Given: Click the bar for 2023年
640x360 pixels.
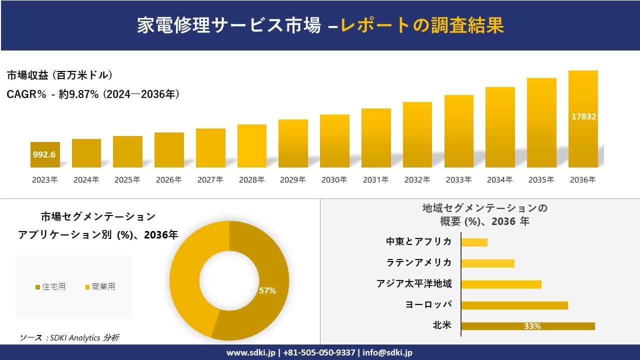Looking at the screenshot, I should (x=45, y=155).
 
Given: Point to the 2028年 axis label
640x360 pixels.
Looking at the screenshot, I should (x=251, y=180).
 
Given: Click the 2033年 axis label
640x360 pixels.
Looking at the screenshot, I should (x=458, y=180).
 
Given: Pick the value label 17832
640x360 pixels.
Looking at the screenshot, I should (x=583, y=116).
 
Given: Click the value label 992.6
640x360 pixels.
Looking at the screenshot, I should (x=44, y=154).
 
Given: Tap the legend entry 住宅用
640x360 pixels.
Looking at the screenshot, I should (x=50, y=286).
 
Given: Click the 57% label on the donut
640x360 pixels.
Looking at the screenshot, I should (x=267, y=290).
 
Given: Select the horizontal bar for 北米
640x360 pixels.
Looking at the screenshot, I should (x=527, y=326).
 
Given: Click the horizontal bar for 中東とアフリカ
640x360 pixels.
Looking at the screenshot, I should (x=474, y=242).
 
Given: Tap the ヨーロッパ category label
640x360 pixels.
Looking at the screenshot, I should (x=428, y=304).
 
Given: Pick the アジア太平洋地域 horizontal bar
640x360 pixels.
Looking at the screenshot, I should (x=501, y=284).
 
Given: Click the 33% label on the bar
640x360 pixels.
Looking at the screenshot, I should (x=532, y=326).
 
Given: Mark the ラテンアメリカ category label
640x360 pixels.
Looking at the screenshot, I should (x=419, y=262).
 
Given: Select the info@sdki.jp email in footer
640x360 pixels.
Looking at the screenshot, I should (x=387, y=352).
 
